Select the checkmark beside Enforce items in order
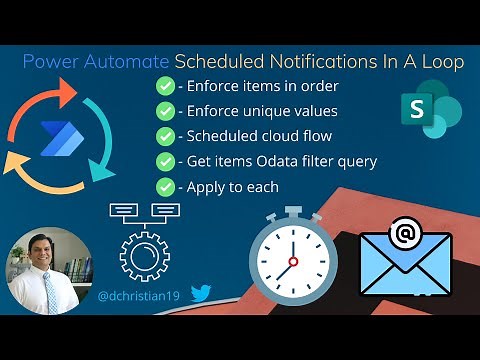pyautogui.click(x=165, y=87)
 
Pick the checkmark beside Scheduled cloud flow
pyautogui.click(x=165, y=136)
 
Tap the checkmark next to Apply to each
pyautogui.click(x=165, y=186)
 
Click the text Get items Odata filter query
pyautogui.click(x=262, y=161)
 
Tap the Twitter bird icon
pyautogui.click(x=201, y=294)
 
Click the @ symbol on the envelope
pyautogui.click(x=404, y=236)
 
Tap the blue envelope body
pyautogui.click(x=404, y=270)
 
